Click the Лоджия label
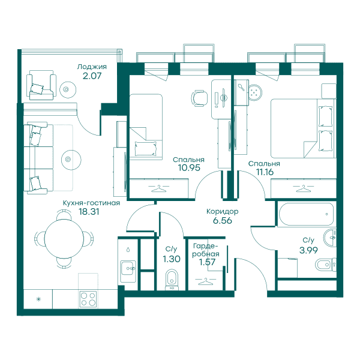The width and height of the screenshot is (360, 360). pos(92,67)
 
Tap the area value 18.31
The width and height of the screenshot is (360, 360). pos(89,212)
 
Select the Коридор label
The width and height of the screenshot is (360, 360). pos(222,211)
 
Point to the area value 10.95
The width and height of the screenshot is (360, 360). pos(189,168)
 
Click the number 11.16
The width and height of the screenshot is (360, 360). pos(265,172)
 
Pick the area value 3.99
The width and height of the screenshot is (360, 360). pos(308,250)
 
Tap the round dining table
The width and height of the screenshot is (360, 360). pos(64,239)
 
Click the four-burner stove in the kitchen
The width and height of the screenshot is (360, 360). pos(88,299)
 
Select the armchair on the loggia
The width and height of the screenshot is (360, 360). pos(41,85)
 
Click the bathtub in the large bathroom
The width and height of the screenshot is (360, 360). pos(306,214)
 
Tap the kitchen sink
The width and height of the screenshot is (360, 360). pos(128,268)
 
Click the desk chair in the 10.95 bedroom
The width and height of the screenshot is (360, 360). pos(199,98)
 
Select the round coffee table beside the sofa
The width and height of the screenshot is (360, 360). pos(71,160)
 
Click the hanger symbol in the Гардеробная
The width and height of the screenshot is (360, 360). pos(205,281)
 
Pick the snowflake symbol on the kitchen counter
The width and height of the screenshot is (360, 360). pos(38,299)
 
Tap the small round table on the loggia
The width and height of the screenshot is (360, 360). pos(68,89)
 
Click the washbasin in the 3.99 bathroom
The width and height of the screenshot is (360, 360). pos(330,238)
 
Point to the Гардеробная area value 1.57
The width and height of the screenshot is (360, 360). pos(208,262)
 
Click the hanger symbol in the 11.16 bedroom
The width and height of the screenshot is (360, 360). pos(304,188)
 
